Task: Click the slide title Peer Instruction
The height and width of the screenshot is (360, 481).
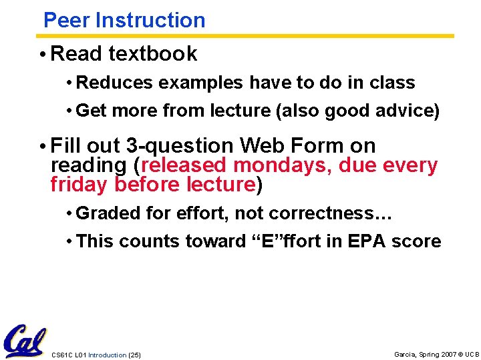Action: tap(124, 20)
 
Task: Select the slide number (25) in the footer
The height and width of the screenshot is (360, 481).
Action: tap(134, 355)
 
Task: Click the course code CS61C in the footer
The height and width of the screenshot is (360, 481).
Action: tap(61, 355)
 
